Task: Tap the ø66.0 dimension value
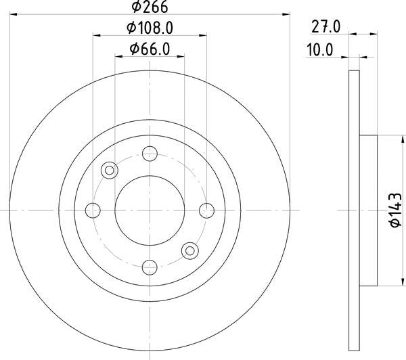[149, 49]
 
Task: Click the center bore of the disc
[150, 209]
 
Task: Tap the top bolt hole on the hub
[150, 154]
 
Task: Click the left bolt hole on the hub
[93, 209]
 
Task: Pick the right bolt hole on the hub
[206, 209]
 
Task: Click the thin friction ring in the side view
[353, 210]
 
